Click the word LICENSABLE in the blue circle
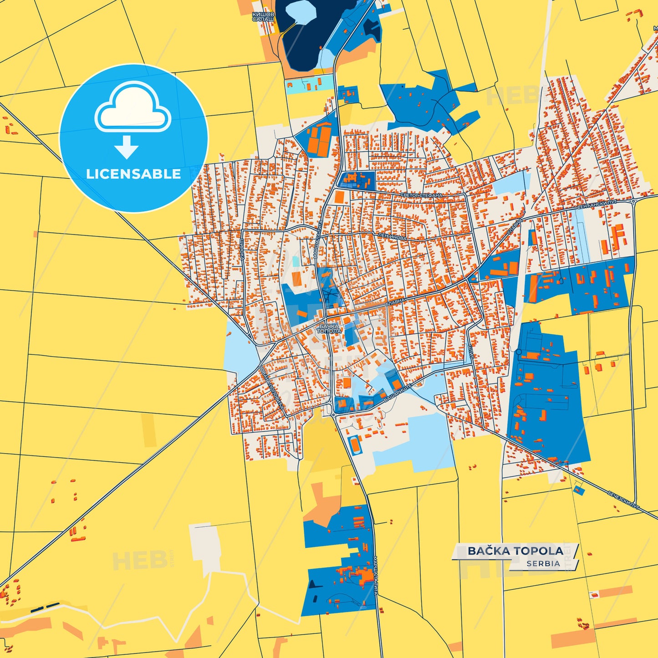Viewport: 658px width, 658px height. (133, 174)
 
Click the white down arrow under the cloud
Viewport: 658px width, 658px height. (127, 147)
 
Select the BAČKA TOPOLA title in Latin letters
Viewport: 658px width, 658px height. (515, 551)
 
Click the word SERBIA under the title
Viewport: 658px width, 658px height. (543, 563)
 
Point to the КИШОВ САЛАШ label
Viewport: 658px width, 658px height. (263, 17)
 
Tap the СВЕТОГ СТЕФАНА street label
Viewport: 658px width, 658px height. (421, 195)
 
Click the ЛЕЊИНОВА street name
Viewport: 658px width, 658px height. (392, 237)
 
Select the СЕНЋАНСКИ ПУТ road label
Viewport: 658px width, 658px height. (597, 205)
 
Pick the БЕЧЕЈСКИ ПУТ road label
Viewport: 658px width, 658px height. (623, 500)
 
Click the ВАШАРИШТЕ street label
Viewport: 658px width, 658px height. (398, 392)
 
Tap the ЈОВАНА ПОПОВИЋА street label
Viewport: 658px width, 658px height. (272, 387)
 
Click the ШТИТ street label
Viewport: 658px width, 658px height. (470, 351)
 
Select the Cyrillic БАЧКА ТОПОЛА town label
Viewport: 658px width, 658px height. (329, 328)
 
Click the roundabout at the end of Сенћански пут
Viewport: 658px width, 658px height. (633, 200)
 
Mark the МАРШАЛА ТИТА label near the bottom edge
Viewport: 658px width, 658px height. (376, 575)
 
